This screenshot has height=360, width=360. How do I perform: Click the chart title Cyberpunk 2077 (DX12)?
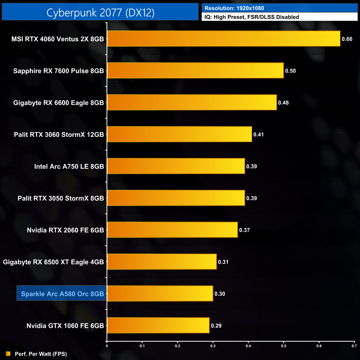coord(100,12)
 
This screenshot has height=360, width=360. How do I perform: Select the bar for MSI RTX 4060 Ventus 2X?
coord(223,39)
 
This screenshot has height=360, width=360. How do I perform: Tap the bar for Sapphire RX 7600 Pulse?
coord(195,71)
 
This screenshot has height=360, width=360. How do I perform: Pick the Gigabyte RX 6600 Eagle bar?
coord(192,102)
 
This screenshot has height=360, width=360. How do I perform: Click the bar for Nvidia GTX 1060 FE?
coord(158,325)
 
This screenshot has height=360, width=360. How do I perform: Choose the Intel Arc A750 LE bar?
coord(176,166)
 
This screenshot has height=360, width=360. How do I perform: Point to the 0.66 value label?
coord(347,39)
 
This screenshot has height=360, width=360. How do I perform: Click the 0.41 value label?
coord(258,135)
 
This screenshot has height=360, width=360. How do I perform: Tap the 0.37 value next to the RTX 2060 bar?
coord(245,230)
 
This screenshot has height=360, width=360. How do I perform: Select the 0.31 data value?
coord(223,262)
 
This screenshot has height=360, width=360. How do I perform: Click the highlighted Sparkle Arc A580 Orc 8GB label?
coord(62,294)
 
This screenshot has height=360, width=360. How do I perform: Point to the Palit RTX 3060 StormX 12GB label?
coord(59,135)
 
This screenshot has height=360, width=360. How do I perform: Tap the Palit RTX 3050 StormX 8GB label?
coord(61,198)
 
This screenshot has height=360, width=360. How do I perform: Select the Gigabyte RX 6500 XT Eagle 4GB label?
coord(53,262)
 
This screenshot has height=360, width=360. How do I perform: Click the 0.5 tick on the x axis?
coord(284,346)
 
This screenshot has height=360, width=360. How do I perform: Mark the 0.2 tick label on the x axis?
coord(178,346)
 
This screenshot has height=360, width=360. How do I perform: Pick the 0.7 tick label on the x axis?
coord(354,346)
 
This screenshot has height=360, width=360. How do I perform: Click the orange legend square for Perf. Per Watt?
coord(8,354)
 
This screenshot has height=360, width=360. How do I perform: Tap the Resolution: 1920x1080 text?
coord(234,8)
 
